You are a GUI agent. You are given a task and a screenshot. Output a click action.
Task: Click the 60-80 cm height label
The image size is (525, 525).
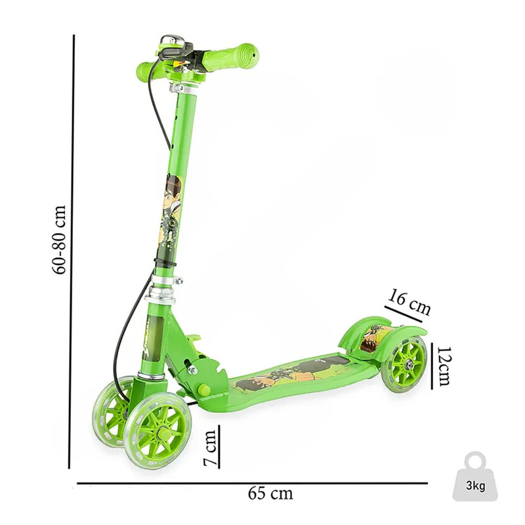pyautogui.click(x=59, y=240)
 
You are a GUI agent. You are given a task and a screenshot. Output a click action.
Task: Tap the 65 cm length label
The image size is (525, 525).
pyautogui.click(x=270, y=493)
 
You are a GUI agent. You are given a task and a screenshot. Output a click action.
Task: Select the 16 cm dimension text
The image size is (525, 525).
pyautogui.click(x=409, y=303)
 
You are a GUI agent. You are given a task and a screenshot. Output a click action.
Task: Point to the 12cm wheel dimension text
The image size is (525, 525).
pyautogui.click(x=444, y=366)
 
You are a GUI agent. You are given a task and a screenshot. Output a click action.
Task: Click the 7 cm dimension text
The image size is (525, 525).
pyautogui.click(x=211, y=448)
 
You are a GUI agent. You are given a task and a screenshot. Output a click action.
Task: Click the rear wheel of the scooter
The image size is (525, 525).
pyautogui.click(x=407, y=364)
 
